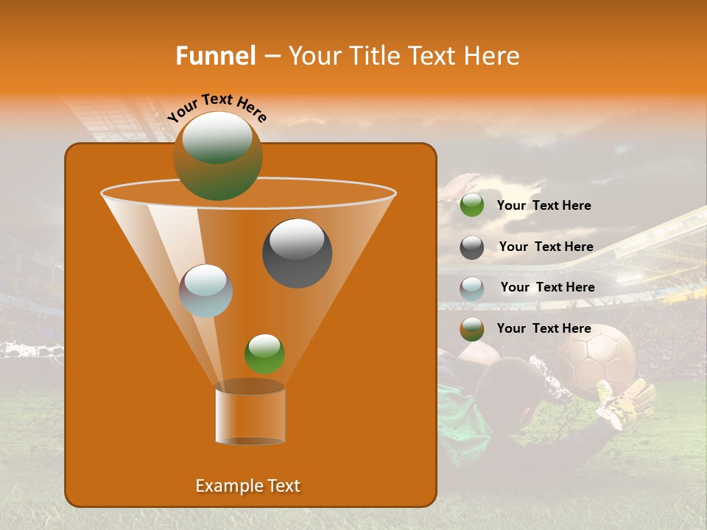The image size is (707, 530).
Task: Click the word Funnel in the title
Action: coord(215,56)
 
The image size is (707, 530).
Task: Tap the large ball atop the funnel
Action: coord(217,155)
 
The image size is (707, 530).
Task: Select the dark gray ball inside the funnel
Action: coord(297,253)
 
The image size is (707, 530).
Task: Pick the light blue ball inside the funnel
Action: coord(205,291)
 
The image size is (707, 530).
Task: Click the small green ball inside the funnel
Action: coord(264,353)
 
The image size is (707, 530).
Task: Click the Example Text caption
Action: coord(247,486)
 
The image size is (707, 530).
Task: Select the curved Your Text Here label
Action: coord(217,107)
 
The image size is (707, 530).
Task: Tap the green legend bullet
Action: coord(471,205)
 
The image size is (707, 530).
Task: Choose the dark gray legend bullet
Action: coord(471,247)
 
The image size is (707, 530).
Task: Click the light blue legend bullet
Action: coord(471,289)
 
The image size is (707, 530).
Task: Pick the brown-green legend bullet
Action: coord(471,329)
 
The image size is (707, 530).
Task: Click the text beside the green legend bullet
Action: coord(544,205)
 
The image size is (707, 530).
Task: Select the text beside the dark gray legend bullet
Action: coord(546,247)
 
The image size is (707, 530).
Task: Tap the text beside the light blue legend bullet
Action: coord(547,287)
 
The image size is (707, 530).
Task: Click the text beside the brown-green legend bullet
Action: coord(544,328)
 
